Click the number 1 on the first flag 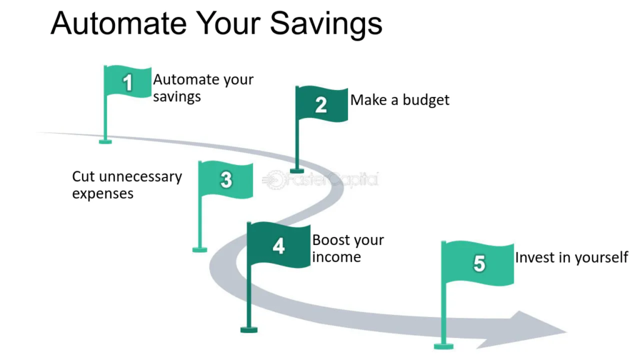point(127,82)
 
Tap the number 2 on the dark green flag point(321,105)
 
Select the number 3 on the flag point(226,180)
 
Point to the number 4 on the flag point(279,246)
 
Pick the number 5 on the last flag point(479,263)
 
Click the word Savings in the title point(326,24)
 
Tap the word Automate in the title point(119,23)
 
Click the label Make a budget point(399,100)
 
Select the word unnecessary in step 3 point(141,177)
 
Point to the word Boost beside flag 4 point(332,239)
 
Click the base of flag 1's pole point(105,142)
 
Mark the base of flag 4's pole point(249,330)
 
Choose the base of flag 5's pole point(444,346)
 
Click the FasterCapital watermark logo point(321,179)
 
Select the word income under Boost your point(336,257)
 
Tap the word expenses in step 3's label point(102,194)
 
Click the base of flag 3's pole point(199,250)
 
